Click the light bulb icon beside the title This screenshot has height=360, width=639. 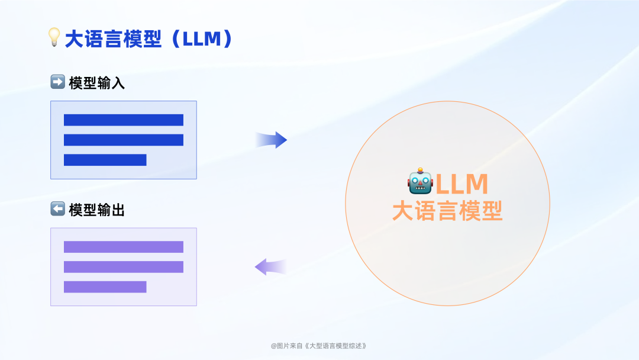pos(54,38)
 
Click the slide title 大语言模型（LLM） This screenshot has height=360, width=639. pos(148,39)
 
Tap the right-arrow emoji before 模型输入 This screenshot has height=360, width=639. pos(57,82)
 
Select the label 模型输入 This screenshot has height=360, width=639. pos(97,83)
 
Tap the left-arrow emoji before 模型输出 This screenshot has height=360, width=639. pos(57,209)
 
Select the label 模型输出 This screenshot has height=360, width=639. pos(97,210)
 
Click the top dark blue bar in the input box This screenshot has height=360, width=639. pos(124,120)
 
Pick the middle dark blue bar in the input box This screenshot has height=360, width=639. pos(124,140)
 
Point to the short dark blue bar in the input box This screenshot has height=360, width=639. pos(105,160)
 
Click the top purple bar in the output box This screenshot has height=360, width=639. pos(124,247)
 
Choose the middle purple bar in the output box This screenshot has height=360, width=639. pos(124,267)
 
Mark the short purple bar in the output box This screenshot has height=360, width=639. pos(105,287)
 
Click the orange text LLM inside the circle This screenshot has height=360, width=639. pos(462,184)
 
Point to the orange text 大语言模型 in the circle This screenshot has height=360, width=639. pos(447,211)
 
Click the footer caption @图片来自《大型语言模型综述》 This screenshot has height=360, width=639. pos(319,346)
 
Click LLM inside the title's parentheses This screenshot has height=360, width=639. pos(201,39)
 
